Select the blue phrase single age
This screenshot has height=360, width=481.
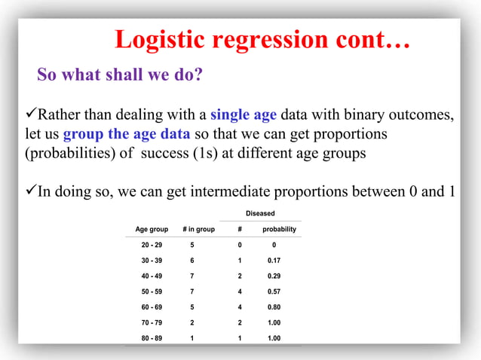243,115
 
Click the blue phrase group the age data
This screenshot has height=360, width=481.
126,135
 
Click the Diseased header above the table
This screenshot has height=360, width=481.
260,213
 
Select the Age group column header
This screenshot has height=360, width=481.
152,229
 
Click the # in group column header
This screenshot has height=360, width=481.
198,229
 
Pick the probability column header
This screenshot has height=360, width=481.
279,229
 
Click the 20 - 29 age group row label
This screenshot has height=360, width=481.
152,245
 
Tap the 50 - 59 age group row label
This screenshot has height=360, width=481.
152,291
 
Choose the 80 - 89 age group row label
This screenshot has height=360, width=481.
152,338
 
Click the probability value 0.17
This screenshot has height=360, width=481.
274,261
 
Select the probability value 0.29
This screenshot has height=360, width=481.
274,276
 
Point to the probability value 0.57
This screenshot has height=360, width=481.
274,291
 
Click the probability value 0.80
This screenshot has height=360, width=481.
274,307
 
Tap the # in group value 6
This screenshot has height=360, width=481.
191,261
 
